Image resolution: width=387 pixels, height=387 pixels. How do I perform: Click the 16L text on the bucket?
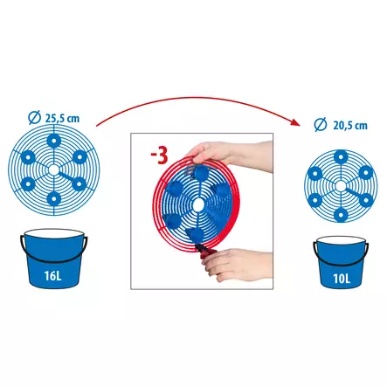(53, 275)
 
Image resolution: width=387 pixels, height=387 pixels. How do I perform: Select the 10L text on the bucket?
(342, 279)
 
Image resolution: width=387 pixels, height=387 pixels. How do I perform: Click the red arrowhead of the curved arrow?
(296, 122)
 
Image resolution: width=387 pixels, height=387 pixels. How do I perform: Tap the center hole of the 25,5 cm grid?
(53, 170)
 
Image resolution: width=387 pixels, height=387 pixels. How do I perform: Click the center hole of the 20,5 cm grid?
(341, 186)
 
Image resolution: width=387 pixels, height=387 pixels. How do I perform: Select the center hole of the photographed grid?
(198, 204)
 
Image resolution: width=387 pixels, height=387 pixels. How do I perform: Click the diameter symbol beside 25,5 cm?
(34, 118)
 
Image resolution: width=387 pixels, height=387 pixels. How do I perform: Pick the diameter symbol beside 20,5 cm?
(320, 125)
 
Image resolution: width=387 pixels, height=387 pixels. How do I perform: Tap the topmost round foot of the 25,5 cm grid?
(54, 142)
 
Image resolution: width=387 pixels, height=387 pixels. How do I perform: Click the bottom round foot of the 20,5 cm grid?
(340, 215)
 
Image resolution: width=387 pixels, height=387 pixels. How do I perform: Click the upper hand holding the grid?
(229, 155)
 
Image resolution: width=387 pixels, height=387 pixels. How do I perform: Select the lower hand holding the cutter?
(238, 265)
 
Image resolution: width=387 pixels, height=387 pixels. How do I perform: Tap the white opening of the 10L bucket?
(341, 241)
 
